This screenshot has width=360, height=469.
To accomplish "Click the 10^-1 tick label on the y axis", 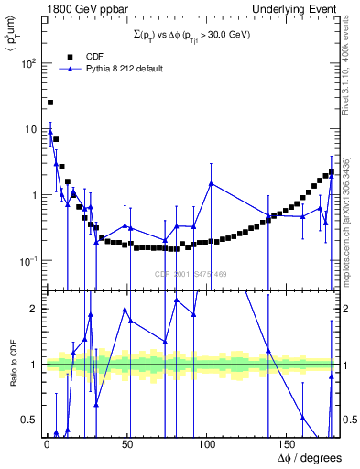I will (27, 262).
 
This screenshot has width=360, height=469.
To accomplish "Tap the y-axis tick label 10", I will (30, 130).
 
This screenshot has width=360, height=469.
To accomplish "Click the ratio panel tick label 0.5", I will (30, 420).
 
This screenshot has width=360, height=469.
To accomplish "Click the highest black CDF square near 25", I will (50, 103).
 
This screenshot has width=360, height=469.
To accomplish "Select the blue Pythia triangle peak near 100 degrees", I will (212, 183).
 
